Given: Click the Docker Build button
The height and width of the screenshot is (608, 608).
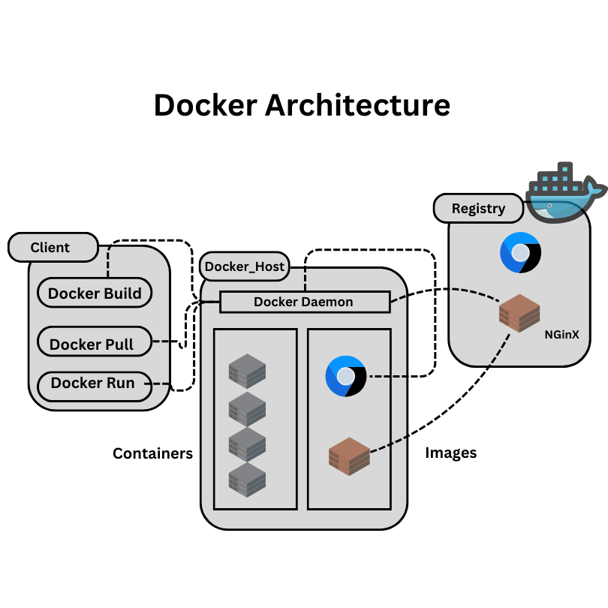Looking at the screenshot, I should [95, 293].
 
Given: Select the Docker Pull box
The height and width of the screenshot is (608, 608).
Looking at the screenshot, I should [95, 344].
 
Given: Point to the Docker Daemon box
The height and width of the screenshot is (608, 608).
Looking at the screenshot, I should [304, 302].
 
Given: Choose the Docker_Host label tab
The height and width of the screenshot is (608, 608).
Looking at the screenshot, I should [245, 266].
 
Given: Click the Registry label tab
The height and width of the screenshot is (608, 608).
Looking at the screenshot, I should [478, 208].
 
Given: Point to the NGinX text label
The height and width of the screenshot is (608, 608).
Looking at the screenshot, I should [561, 336].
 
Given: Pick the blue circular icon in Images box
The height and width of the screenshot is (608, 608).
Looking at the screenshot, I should [346, 376].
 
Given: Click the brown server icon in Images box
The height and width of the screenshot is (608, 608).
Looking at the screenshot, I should [349, 456].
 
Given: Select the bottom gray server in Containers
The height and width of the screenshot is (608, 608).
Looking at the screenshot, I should [248, 478].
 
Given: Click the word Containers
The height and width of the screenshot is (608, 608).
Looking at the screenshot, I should [152, 453].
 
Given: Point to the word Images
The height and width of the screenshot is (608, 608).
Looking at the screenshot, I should [450, 453].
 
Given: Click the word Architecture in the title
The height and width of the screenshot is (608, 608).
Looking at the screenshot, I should [358, 105].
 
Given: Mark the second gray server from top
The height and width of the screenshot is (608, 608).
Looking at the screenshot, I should [248, 408].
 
